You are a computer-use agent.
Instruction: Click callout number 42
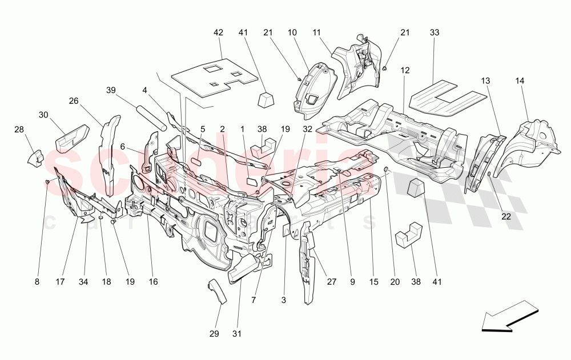click(x=218, y=33)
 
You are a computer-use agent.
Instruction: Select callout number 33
click(x=435, y=33)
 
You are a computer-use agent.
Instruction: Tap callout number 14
click(x=520, y=81)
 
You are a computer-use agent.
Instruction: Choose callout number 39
click(x=111, y=90)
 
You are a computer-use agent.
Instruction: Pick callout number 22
click(x=506, y=216)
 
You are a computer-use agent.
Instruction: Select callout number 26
click(x=74, y=101)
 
